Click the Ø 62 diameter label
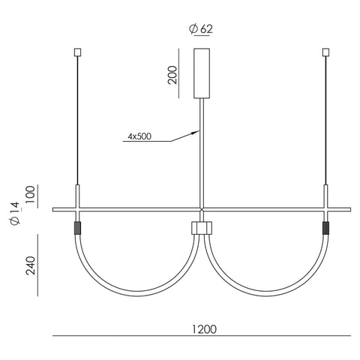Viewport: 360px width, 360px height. pos(201,29)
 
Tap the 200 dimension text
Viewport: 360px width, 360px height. pos(172,75)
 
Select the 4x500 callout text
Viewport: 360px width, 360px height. pos(139,136)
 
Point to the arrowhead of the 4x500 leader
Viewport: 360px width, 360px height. pos(196,132)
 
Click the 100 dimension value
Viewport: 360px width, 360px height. pos(31,195)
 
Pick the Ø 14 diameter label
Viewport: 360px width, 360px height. pos(15,213)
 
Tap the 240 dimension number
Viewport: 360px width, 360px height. pos(31,265)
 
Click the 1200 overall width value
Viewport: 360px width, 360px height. pos(204,329)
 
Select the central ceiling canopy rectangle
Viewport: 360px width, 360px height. pos(202,73)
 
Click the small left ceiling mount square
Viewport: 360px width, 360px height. pos(78,52)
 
